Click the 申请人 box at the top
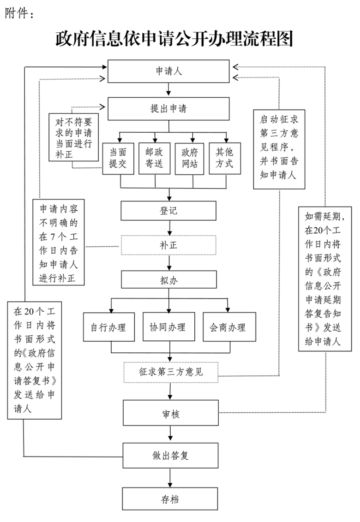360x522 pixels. point(168,71)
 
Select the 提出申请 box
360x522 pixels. point(168,108)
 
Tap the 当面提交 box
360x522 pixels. point(118,159)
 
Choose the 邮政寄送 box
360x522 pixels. point(154,159)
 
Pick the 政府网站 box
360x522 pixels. point(189,159)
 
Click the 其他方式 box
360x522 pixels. point(225,158)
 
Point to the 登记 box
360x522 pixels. point(168,210)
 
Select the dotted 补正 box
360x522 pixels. point(168,245)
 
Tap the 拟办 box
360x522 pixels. point(168,279)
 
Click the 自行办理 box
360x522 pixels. point(109,327)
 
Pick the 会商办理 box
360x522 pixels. point(229,327)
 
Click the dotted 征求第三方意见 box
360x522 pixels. point(171,372)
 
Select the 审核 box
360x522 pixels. point(171,413)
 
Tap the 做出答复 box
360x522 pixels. point(170,456)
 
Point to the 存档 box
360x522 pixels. point(170,498)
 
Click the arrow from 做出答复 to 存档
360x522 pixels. point(170,478)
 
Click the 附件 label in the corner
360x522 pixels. point(19,13)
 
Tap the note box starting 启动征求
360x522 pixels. point(279,149)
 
